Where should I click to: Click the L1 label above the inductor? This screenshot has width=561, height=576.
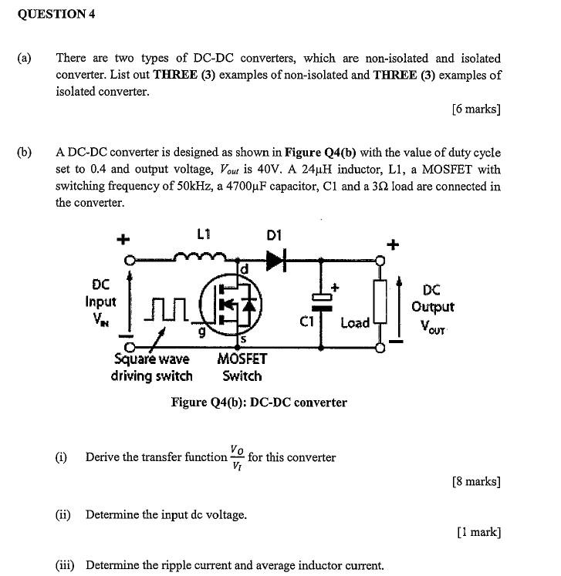click(204, 234)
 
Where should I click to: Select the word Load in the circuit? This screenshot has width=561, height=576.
click(355, 322)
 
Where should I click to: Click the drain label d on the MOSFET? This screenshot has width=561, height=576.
click(245, 268)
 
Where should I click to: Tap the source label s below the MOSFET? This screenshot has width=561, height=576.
click(242, 339)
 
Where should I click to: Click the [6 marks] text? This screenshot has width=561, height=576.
click(476, 109)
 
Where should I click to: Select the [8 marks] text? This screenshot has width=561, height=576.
click(476, 482)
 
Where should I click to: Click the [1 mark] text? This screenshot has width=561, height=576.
click(478, 532)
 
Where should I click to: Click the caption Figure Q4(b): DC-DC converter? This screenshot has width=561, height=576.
click(259, 403)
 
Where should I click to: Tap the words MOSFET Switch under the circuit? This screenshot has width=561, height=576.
click(242, 368)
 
